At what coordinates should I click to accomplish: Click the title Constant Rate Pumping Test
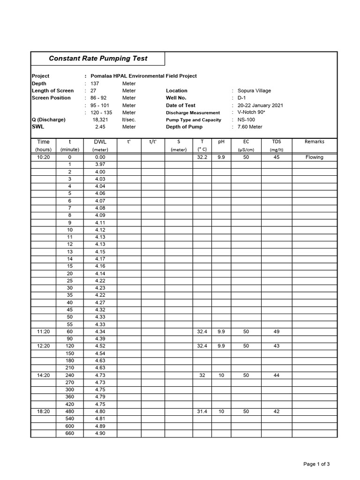coord(98,59)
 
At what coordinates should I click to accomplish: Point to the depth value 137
coord(95,83)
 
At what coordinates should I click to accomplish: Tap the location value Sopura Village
coord(254,91)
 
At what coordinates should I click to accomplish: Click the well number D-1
coord(242,98)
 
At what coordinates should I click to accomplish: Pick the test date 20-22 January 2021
coord(260,105)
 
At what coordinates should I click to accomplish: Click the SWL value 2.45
coord(100,127)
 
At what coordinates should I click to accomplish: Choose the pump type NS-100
coord(247,120)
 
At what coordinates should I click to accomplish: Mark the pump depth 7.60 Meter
coord(250,127)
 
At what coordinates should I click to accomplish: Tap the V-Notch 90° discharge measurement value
coord(252,112)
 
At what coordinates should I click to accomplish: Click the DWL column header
coord(100,142)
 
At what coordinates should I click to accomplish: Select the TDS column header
coord(276,142)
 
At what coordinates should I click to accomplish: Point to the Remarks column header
coord(314,142)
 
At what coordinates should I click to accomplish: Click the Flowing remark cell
coord(314,157)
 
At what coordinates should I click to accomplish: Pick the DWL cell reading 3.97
coord(100,165)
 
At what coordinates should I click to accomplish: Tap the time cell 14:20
coord(43,375)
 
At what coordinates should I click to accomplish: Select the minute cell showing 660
coord(70,434)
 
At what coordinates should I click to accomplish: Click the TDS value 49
coord(276,332)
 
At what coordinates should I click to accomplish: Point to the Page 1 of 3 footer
coord(316,464)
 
